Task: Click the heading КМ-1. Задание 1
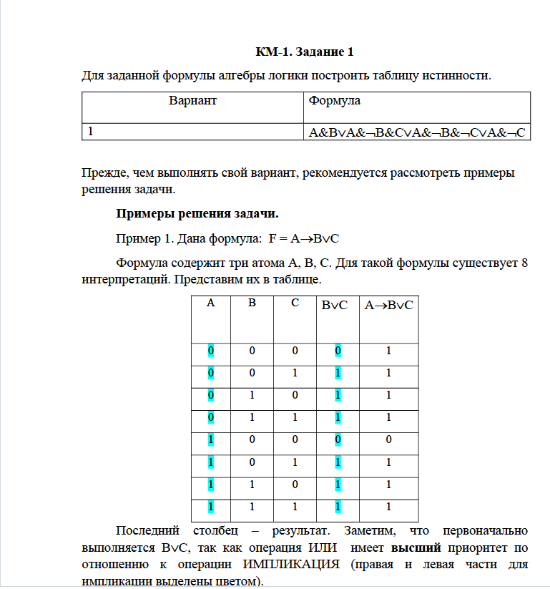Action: coord(305,52)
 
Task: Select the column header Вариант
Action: coord(192,101)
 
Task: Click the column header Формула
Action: coord(335,101)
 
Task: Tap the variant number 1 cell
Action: coord(91,132)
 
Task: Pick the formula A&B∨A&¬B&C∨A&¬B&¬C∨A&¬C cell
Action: coord(417,132)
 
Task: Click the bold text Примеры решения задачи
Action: coord(197,213)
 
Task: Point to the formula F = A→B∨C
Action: coord(309,238)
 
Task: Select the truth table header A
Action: coord(211,303)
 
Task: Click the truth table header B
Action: coord(252,303)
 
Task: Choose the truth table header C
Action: coord(295,303)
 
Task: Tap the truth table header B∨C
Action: coord(335,306)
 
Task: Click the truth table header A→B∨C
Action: coord(388,306)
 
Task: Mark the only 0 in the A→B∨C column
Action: coord(388,439)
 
